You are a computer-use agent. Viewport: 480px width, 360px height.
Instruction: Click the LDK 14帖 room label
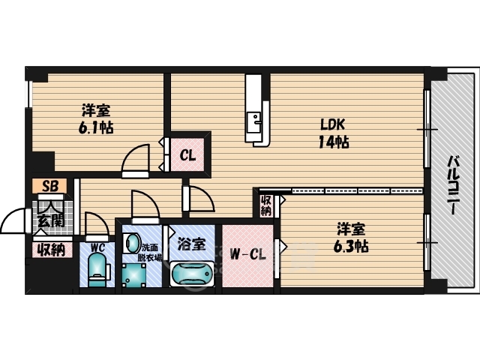tap(333, 133)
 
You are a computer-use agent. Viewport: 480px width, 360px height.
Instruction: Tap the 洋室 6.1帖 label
tap(96, 119)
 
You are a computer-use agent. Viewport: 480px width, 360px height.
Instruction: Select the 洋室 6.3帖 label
tap(351, 238)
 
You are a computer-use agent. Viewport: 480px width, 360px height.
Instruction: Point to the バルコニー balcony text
tap(454, 185)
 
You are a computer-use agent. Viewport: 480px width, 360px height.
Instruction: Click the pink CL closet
tap(187, 155)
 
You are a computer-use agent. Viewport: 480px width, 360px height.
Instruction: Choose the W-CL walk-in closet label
tap(248, 254)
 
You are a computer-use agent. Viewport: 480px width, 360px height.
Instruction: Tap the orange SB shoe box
tap(49, 186)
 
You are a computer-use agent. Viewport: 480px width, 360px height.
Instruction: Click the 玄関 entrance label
tap(51, 220)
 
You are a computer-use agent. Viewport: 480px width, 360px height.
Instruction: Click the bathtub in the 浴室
tap(192, 274)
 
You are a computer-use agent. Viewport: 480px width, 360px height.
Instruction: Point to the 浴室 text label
tap(192, 244)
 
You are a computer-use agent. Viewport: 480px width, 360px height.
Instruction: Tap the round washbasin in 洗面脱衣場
tap(133, 243)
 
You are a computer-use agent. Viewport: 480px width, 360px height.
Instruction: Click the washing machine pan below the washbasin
tap(133, 275)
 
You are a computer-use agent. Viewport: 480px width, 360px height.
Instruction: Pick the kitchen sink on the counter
tap(253, 122)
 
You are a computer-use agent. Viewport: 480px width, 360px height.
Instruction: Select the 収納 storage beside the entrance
tap(52, 250)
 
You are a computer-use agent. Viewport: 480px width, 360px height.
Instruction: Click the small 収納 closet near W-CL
tap(266, 205)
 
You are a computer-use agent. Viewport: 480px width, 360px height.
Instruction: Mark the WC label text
tap(97, 247)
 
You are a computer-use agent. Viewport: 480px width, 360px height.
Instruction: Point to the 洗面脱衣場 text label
tap(150, 253)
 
